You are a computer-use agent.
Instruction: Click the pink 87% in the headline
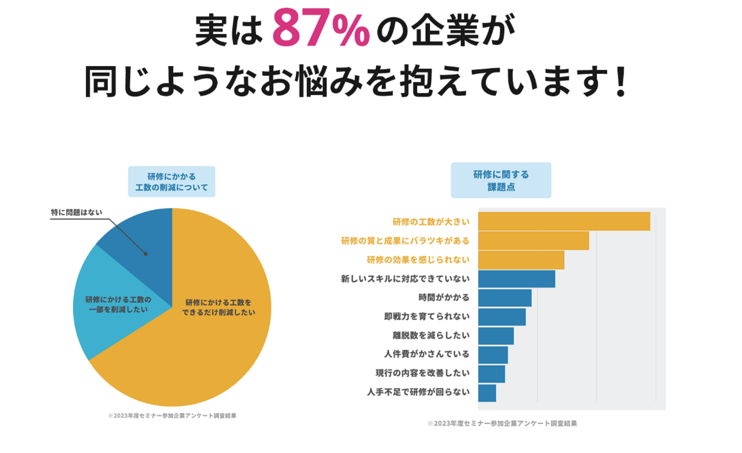click(x=321, y=28)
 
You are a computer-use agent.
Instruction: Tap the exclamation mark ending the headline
click(x=622, y=82)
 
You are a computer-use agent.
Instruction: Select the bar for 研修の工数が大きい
click(x=564, y=221)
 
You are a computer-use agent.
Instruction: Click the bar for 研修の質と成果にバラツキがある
click(x=533, y=240)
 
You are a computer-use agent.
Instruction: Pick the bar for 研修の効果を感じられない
click(x=521, y=260)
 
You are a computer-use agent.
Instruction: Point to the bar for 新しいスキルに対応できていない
click(x=516, y=279)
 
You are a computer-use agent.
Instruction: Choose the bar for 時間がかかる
click(x=504, y=298)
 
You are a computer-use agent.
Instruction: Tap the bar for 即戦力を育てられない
click(x=501, y=317)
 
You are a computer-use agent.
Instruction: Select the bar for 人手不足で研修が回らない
click(x=487, y=393)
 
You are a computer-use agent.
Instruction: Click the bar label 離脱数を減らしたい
click(x=431, y=335)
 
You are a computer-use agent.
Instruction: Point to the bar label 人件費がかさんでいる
click(x=427, y=354)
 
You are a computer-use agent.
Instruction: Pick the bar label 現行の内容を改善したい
click(x=423, y=373)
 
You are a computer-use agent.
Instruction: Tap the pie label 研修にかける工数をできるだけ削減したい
click(x=218, y=308)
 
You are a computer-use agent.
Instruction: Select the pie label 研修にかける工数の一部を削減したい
click(x=118, y=304)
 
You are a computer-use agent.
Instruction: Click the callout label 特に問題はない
click(x=76, y=213)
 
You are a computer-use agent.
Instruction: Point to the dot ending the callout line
click(x=145, y=254)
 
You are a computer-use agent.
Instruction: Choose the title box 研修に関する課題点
click(x=501, y=181)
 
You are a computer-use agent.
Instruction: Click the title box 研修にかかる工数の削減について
click(x=172, y=182)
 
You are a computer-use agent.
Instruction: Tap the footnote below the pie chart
click(x=172, y=416)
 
